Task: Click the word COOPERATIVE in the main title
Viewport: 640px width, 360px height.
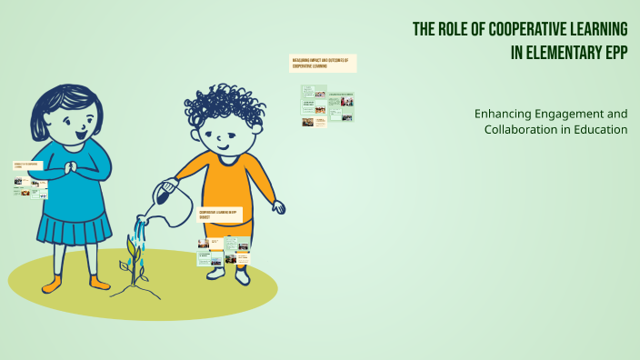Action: pos(521,30)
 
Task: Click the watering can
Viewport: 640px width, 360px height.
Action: pos(172,195)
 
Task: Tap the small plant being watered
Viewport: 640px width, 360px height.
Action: pos(136,259)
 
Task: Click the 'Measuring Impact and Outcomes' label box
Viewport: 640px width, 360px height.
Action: pos(323,63)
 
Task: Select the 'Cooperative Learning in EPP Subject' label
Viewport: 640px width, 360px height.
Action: pos(217,215)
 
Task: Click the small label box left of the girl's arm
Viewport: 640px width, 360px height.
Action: pos(28,165)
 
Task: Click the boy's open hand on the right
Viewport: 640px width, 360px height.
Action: pos(278,207)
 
